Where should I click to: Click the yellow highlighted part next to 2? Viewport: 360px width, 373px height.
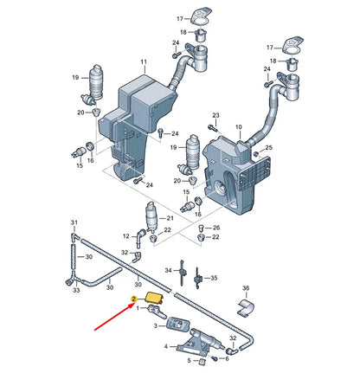click(x=155, y=298)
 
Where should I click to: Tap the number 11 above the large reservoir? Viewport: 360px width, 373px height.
click(x=144, y=61)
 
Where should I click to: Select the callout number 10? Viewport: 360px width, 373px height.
click(x=239, y=127)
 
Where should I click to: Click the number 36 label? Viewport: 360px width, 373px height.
click(x=246, y=288)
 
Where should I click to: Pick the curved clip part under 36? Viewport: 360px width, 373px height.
click(x=246, y=308)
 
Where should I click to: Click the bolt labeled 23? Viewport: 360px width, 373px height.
click(x=213, y=127)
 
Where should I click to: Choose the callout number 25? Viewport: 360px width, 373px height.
click(x=268, y=147)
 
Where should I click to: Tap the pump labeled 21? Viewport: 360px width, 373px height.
click(x=151, y=218)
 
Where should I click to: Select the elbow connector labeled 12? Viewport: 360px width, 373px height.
click(x=141, y=237)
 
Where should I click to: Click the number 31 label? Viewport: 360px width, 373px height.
click(x=74, y=222)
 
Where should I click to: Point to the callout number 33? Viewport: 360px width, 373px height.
click(x=76, y=290)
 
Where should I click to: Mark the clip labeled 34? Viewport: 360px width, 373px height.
click(x=182, y=273)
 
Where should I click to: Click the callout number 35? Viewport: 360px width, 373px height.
click(x=214, y=278)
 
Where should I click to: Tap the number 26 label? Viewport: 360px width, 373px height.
click(x=216, y=228)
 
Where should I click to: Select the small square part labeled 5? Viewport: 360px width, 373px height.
click(x=202, y=362)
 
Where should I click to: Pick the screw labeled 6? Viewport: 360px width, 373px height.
click(x=214, y=358)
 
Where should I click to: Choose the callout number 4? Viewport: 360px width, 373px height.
click(x=166, y=346)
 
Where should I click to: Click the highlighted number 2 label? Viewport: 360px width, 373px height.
click(x=133, y=299)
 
